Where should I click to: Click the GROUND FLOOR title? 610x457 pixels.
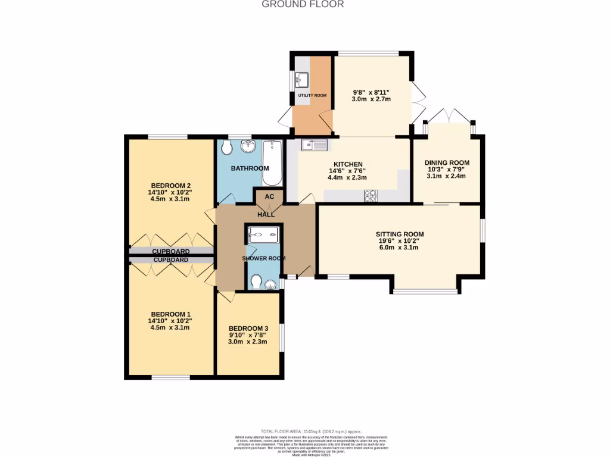[x=303, y=4]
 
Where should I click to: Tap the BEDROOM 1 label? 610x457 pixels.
[x=170, y=314]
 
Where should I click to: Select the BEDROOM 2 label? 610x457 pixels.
[x=170, y=184]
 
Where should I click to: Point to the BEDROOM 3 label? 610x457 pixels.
[x=248, y=328]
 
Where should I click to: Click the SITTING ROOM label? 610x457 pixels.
[x=399, y=234]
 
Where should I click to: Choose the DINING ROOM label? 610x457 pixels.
[x=447, y=162]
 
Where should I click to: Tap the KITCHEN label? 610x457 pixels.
[x=348, y=164]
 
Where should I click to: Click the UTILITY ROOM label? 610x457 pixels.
[x=312, y=95]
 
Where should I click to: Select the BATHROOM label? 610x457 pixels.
[x=250, y=168]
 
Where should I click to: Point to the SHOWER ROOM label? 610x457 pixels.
[x=263, y=258]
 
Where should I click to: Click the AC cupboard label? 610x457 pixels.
[x=269, y=196]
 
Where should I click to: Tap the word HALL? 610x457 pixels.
[x=266, y=214]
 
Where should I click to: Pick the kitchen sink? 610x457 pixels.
[x=314, y=144]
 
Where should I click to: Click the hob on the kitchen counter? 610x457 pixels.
[x=371, y=195]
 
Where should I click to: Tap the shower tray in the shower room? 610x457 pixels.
[x=262, y=235]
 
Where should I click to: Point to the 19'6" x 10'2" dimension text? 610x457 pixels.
[x=399, y=241]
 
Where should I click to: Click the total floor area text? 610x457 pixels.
[x=311, y=431]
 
